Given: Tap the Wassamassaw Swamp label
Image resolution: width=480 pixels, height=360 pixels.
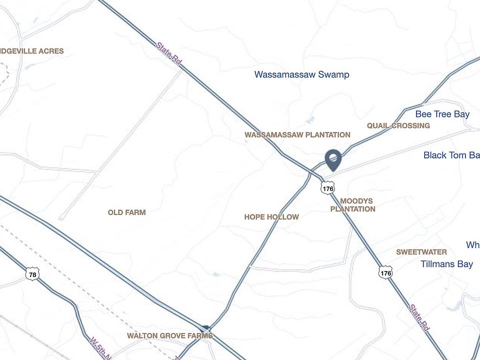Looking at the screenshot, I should point(301,74).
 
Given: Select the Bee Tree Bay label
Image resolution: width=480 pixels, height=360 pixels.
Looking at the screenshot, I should point(442,114).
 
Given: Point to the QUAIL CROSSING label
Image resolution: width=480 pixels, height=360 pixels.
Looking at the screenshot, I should point(398,125).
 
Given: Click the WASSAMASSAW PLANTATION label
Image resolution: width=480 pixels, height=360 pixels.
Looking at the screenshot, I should point(297,134).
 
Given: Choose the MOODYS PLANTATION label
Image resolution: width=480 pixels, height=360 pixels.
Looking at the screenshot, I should point(353,205).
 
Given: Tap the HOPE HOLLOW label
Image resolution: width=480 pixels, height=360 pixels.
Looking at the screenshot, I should point(271,217).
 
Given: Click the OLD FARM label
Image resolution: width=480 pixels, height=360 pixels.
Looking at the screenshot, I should point(126,212).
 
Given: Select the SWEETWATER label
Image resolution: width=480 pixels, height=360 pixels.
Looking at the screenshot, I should point(421,252).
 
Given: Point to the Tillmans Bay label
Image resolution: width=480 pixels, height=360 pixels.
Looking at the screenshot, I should point(446,263).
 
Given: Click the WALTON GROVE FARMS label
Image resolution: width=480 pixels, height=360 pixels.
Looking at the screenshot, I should point(169,335).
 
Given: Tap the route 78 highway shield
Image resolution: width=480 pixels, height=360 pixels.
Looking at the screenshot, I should point(32,274).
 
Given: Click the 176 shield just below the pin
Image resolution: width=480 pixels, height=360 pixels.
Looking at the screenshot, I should point(327,188).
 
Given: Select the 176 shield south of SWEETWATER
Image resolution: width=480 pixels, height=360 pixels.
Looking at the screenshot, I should point(385,273).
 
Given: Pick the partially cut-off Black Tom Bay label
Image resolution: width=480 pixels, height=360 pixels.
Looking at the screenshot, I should point(451,155).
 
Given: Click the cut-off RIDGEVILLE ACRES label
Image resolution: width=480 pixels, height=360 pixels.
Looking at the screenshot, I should point(32,51).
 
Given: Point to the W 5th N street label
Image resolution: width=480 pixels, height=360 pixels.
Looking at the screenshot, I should point(99,347).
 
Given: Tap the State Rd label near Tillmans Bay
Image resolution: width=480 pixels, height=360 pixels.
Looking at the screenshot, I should point(419,317).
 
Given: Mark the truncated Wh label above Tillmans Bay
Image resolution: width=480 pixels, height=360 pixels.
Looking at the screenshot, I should point(472,244).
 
